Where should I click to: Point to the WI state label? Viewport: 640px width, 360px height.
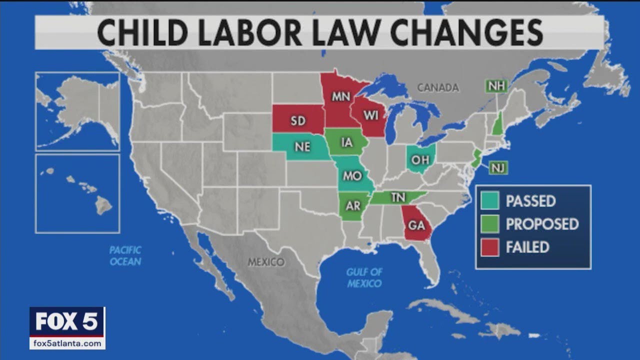tap(371, 115)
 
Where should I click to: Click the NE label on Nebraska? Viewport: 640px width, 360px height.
tap(302, 147)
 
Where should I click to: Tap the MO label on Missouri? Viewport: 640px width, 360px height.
tap(352, 176)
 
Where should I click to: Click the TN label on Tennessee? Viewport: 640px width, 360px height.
tap(398, 198)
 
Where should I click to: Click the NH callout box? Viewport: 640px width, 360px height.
tap(496, 86)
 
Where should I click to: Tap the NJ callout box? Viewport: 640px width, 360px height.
tap(497, 168)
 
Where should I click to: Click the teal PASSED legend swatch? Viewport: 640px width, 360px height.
tap(490, 201)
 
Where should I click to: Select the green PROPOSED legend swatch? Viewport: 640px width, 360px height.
tap(490, 224)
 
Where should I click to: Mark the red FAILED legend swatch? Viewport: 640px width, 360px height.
tap(490, 247)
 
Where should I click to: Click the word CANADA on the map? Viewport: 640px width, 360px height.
tap(437, 88)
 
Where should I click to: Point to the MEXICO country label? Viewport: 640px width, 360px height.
tap(266, 262)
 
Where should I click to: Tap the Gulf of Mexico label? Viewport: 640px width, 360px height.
tap(364, 278)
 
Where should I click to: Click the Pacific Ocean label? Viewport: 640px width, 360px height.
tap(125, 255)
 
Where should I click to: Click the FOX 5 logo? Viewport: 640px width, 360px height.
tap(67, 321)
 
